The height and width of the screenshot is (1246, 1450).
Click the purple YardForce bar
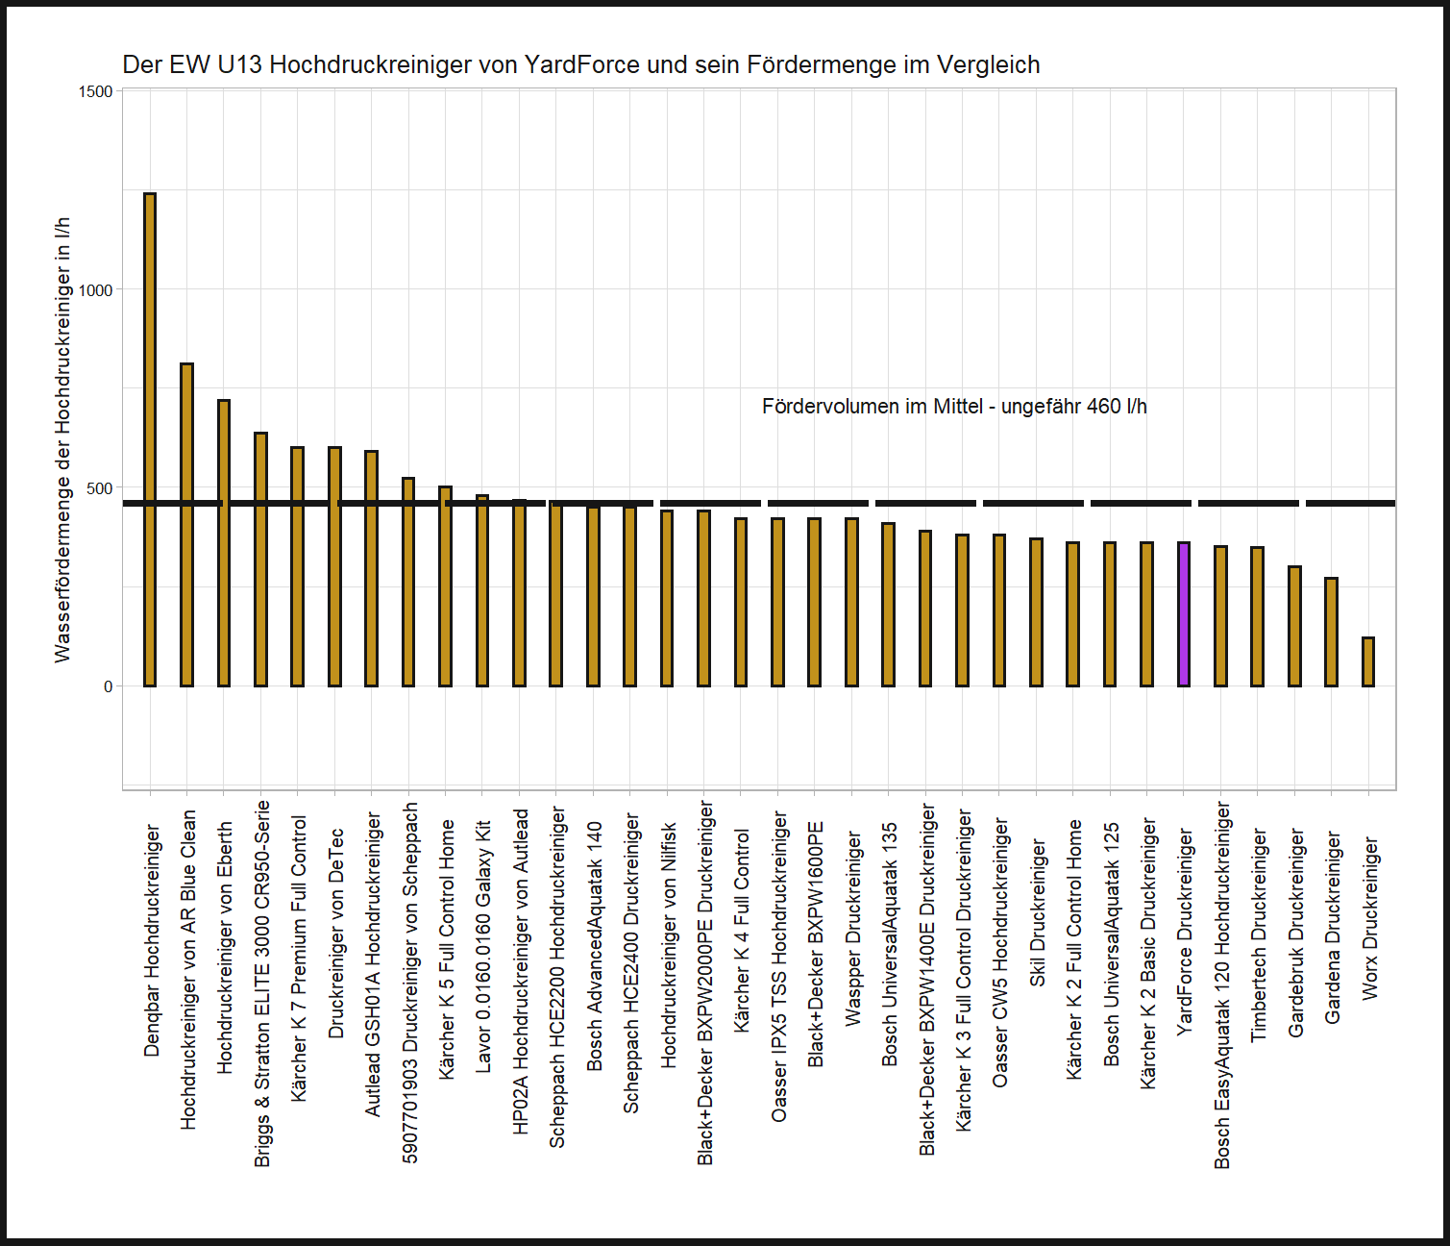pos(1184,614)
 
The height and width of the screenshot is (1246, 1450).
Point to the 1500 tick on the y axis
pos(96,91)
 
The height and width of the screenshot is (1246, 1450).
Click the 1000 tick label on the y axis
pos(96,290)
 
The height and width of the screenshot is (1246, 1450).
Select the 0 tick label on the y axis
pos(108,686)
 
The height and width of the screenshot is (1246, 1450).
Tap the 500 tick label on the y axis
pos(100,488)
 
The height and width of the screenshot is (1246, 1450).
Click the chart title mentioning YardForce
pos(580,64)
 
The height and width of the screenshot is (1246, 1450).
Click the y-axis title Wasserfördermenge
pos(62,439)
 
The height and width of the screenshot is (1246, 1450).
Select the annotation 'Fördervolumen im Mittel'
pos(953,407)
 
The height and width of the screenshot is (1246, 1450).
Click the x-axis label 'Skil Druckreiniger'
pos(1038,911)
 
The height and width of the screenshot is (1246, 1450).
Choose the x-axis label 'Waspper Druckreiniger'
pos(852,929)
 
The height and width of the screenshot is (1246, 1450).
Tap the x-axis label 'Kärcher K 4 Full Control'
pos(742,931)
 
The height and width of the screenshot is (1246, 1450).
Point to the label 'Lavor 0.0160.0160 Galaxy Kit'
pos(483,946)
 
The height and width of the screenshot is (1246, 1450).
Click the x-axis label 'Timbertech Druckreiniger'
pos(1259,935)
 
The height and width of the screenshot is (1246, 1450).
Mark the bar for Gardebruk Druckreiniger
pos(1294,626)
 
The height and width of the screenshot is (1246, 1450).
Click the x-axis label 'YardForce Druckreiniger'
pos(1185,932)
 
